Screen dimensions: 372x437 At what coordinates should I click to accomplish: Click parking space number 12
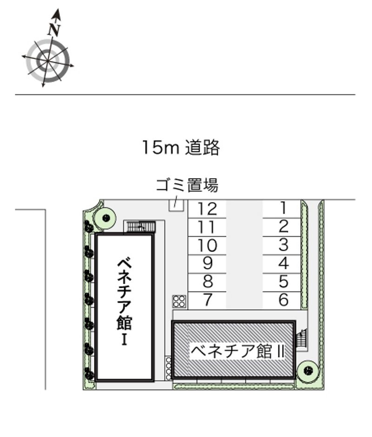click(207, 208)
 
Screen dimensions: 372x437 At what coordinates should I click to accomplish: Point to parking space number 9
click(207, 264)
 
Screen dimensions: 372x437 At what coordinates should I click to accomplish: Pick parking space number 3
click(283, 245)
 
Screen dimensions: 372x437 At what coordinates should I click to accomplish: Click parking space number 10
click(207, 245)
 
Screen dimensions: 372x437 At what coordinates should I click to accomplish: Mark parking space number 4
click(283, 264)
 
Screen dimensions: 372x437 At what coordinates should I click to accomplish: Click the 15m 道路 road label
click(181, 147)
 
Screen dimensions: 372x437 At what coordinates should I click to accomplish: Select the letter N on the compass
click(55, 29)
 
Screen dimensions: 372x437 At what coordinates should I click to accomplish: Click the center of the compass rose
click(47, 60)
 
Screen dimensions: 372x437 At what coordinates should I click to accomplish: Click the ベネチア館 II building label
click(238, 351)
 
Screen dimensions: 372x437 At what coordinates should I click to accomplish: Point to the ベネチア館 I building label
click(125, 301)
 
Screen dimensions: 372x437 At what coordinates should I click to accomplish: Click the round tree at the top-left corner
click(106, 217)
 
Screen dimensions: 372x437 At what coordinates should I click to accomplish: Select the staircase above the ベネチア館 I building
click(141, 226)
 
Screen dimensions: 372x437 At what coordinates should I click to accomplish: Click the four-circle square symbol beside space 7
click(179, 301)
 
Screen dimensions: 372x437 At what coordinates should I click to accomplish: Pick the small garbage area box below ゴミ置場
click(176, 204)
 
